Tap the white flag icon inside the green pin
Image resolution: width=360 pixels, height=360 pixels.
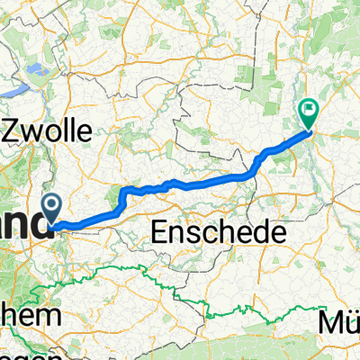pyautogui.click(x=309, y=111)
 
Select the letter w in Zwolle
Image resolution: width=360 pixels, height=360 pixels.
pyautogui.click(x=37, y=131)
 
